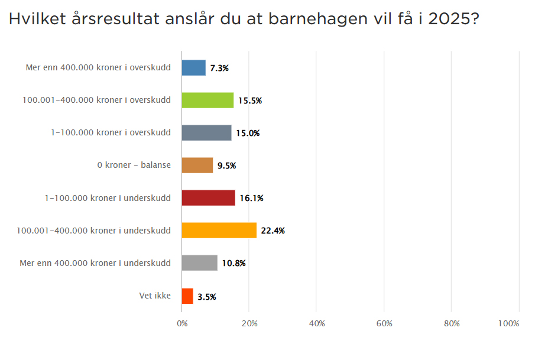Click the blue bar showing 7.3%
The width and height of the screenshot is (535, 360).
(194, 68)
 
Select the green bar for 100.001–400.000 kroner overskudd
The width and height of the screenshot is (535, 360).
(207, 100)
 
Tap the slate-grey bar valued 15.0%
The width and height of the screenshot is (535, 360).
(206, 133)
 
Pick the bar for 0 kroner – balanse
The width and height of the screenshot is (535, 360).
(197, 166)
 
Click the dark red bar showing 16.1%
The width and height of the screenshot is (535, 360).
(208, 198)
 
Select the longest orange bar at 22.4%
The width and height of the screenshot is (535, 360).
(219, 231)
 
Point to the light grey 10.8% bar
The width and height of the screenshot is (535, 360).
(200, 263)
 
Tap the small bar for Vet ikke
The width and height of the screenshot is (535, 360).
(187, 296)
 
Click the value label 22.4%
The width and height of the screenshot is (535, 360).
(273, 231)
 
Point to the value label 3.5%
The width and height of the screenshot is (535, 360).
(207, 297)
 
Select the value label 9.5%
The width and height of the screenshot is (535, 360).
(226, 166)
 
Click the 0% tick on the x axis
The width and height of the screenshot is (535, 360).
(182, 323)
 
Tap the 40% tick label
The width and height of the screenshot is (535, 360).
(317, 323)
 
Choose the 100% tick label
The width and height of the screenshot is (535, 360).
(508, 323)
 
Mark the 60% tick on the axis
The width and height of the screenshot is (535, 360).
(384, 323)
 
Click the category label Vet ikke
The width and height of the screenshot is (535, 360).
(155, 295)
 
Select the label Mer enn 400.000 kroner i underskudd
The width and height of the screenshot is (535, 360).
(95, 262)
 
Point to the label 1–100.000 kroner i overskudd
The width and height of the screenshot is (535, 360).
(111, 132)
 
